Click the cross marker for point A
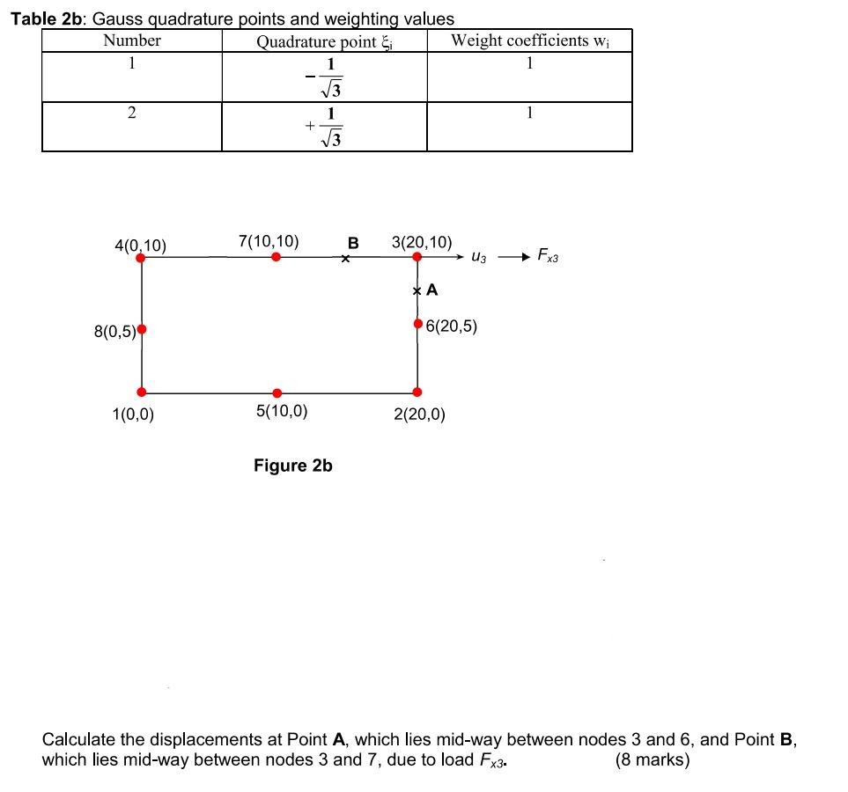(417, 290)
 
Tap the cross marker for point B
(346, 259)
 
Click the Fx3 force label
(548, 257)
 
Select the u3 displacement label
(479, 258)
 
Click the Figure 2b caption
(292, 466)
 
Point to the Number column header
(132, 40)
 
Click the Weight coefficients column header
(529, 40)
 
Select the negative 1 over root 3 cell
(324, 77)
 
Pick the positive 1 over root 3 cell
(324, 127)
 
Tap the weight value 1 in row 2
(529, 113)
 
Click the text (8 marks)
(653, 760)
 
